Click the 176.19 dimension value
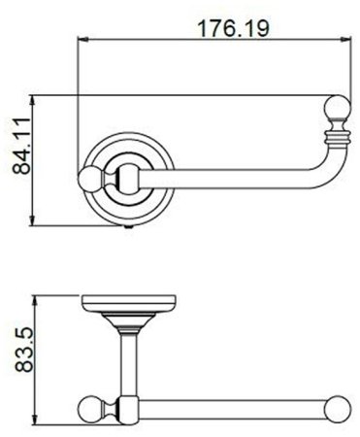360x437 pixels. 233,28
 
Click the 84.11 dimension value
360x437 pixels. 22,147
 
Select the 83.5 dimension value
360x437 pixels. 24,350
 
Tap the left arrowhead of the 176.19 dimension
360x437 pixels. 82,39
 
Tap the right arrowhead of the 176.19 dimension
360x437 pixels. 346,39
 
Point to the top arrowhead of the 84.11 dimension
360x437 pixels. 32,101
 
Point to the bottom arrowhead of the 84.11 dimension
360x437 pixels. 32,220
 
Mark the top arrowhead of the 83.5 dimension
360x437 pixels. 36,301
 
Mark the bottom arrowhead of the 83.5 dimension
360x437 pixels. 36,420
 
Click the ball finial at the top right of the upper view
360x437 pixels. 338,107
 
